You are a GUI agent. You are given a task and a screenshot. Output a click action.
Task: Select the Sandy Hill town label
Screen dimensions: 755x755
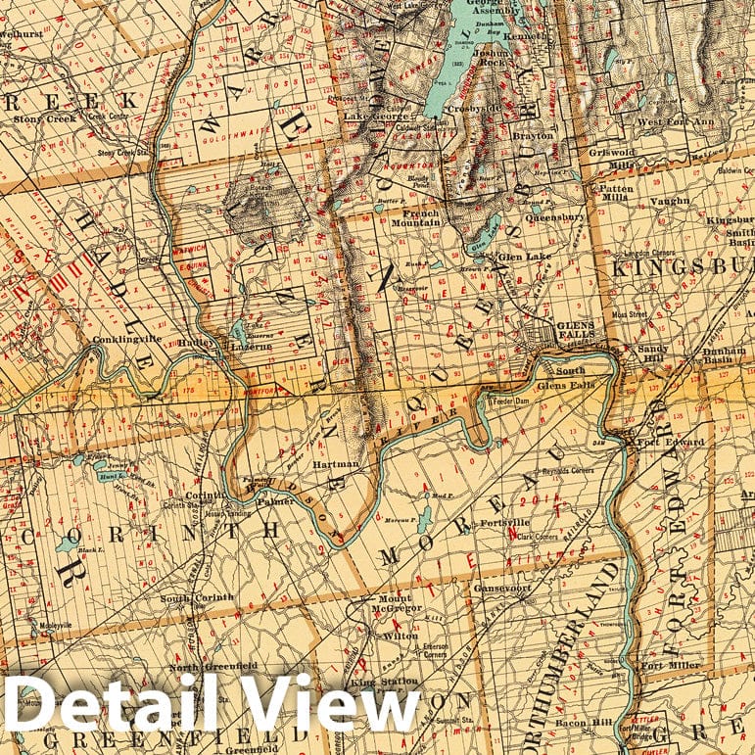pyautogui.click(x=652, y=348)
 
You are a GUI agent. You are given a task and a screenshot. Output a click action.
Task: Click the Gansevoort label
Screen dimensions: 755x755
pyautogui.click(x=500, y=589)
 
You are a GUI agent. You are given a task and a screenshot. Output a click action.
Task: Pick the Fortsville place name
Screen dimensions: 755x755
pyautogui.click(x=505, y=524)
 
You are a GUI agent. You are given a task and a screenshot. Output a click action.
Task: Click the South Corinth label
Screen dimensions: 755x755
pyautogui.click(x=197, y=597)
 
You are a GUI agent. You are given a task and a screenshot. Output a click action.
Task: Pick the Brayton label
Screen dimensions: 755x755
pyautogui.click(x=533, y=136)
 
